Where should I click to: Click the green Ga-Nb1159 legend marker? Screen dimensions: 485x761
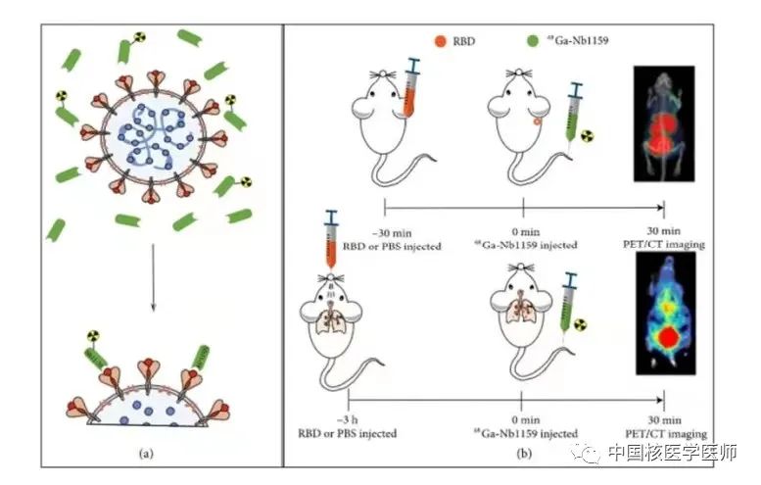530,42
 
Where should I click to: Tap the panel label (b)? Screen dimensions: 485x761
524,454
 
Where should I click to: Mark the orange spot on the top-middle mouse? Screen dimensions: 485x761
537,124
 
